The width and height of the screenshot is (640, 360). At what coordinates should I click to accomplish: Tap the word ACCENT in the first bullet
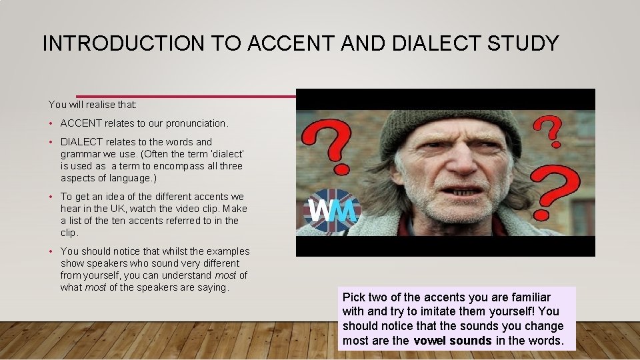point(81,123)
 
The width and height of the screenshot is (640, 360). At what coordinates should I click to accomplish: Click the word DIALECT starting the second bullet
point(80,142)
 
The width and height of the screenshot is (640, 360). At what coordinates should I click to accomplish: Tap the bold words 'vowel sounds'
point(453,341)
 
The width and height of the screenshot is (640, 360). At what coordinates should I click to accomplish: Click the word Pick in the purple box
point(354,297)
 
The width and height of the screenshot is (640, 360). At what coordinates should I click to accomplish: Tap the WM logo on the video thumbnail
point(331,210)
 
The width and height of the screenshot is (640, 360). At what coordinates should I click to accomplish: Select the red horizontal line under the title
point(187,95)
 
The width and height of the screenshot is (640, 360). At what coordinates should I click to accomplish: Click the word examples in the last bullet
point(228,251)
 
